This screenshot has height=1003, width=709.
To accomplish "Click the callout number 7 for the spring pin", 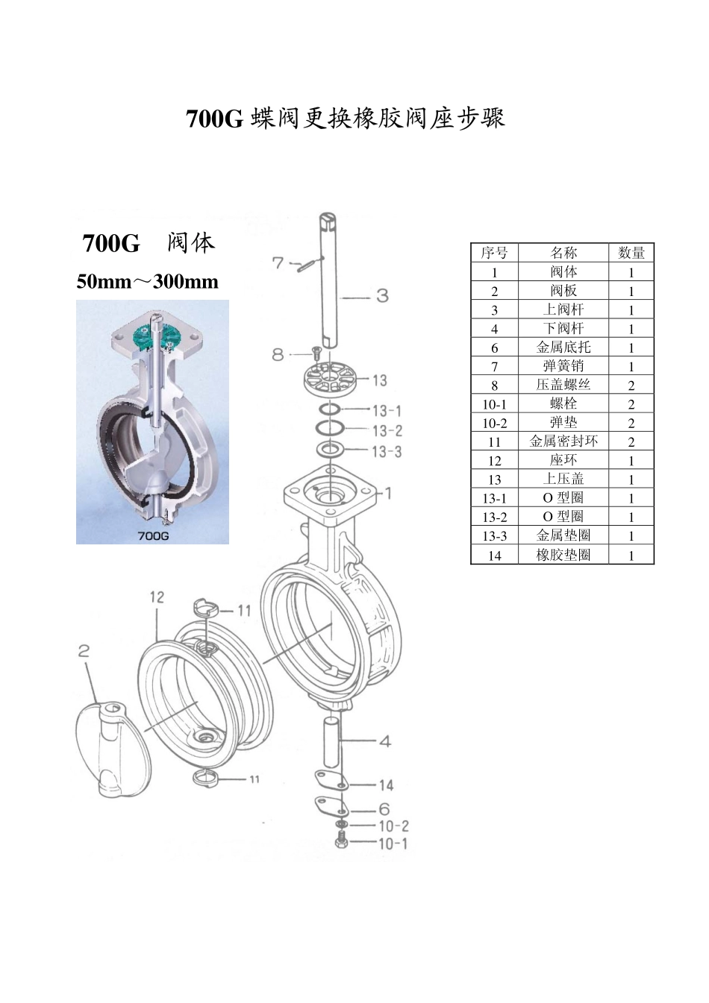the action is pyautogui.click(x=278, y=262).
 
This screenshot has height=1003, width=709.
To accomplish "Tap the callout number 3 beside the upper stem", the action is pyautogui.click(x=382, y=296).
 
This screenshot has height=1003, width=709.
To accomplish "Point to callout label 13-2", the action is pyautogui.click(x=387, y=430).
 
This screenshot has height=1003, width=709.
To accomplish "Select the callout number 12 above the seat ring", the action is pyautogui.click(x=157, y=597).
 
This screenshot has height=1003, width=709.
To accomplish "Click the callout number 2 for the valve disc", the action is pyautogui.click(x=84, y=651).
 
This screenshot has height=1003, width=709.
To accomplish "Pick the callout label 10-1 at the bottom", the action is pyautogui.click(x=393, y=843).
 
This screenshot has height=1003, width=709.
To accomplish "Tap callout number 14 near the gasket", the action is pyautogui.click(x=385, y=785).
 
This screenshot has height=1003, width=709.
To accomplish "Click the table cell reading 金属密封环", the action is pyautogui.click(x=563, y=441).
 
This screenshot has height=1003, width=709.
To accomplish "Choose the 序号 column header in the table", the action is pyautogui.click(x=494, y=253).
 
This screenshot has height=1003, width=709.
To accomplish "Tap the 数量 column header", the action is pyautogui.click(x=631, y=253).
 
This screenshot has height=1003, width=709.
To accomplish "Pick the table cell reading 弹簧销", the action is pyautogui.click(x=563, y=366).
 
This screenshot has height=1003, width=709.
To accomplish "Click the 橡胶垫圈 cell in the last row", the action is pyautogui.click(x=563, y=555).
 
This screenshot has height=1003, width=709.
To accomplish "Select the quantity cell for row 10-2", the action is pyautogui.click(x=631, y=423).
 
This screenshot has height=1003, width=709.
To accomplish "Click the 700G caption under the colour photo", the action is pyautogui.click(x=153, y=535).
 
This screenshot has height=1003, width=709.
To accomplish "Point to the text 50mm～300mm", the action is pyautogui.click(x=148, y=282).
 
